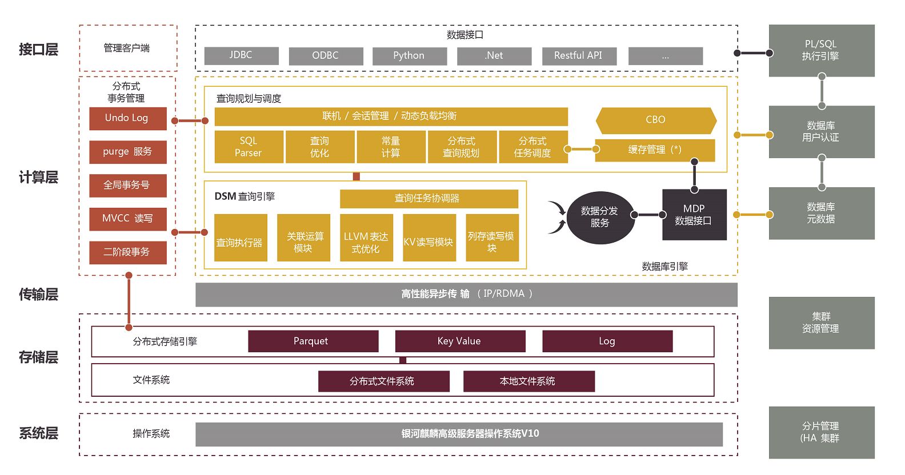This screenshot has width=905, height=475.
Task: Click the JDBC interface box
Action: (x=241, y=55)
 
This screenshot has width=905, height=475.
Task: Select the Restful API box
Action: (x=579, y=55)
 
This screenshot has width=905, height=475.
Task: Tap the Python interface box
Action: (x=409, y=55)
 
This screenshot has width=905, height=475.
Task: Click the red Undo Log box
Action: (x=127, y=118)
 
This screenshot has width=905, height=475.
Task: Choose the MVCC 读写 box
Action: (x=127, y=219)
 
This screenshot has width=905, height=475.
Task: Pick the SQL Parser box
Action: (x=249, y=147)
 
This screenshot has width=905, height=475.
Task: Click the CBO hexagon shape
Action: (x=655, y=120)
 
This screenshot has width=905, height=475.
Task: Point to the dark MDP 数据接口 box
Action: (x=694, y=215)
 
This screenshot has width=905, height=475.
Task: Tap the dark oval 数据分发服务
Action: (x=600, y=217)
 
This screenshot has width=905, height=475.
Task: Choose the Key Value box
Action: (x=460, y=341)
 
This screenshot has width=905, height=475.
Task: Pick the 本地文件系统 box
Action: (x=528, y=381)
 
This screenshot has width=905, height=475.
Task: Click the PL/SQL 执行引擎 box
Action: (x=821, y=50)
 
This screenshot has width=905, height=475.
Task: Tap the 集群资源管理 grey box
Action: (x=821, y=323)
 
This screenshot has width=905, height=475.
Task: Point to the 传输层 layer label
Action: (x=38, y=295)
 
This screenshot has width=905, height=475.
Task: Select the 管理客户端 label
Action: (x=127, y=49)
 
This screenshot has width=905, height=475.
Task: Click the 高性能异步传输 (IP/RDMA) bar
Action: (x=466, y=294)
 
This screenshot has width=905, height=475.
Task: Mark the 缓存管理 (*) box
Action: (x=655, y=150)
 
